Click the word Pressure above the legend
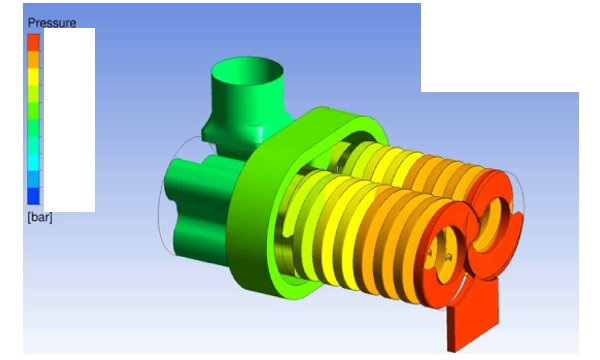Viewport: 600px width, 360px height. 52,23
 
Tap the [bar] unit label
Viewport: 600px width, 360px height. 40,217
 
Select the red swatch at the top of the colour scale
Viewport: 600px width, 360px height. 33,42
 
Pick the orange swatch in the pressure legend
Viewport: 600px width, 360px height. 33,59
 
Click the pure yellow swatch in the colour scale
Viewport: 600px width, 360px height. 33,77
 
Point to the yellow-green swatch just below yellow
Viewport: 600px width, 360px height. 33,94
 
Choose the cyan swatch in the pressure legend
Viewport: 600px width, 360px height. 33,162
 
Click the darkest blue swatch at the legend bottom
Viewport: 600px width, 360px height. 33,196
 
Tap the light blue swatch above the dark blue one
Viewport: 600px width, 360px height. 33,179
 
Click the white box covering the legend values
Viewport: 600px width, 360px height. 70,120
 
